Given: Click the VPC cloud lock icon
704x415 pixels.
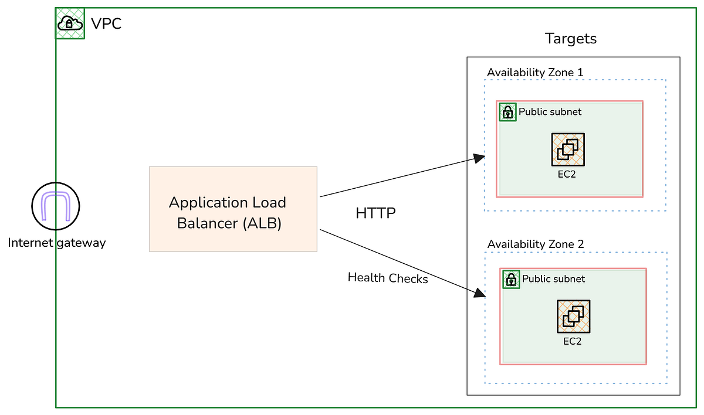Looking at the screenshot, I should (x=70, y=24).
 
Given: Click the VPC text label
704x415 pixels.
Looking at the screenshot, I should (x=106, y=24).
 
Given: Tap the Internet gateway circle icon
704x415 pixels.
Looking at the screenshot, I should (x=55, y=206).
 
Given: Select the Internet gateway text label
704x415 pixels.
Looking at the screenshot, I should (x=57, y=243).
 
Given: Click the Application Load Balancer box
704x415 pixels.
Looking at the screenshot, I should (x=233, y=209).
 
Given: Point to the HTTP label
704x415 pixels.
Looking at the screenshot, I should (x=375, y=213).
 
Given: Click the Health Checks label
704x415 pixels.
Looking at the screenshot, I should (x=388, y=278).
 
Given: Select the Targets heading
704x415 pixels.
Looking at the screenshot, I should (x=570, y=39).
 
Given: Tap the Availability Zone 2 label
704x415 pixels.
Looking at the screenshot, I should (x=536, y=244).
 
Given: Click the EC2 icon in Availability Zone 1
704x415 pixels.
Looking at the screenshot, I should (x=568, y=149).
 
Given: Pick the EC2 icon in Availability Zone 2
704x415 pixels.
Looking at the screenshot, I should (x=573, y=317).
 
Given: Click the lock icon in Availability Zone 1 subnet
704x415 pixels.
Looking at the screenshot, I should (x=507, y=112).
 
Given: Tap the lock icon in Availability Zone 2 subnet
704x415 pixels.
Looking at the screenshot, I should (x=511, y=280).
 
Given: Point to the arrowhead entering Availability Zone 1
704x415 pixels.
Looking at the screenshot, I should (x=480, y=158).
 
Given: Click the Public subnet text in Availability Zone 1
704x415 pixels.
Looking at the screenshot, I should (x=550, y=111).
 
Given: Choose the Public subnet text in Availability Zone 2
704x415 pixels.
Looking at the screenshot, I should (x=553, y=279).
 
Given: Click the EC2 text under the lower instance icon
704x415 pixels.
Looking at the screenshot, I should (x=572, y=341).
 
